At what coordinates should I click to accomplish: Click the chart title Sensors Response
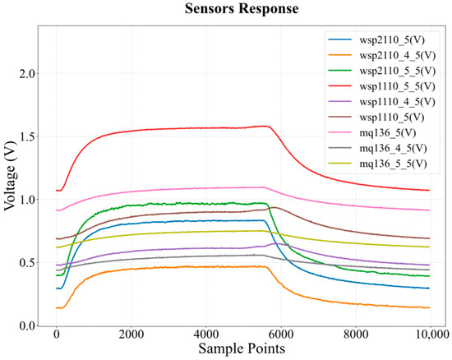pos(242,8)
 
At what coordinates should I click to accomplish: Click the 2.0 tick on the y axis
pos(29,74)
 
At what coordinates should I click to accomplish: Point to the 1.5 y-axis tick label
pos(29,136)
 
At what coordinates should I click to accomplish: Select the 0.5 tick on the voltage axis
pos(29,262)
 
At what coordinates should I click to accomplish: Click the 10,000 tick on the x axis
pos(431,335)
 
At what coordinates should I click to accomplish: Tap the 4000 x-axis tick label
pos(205,335)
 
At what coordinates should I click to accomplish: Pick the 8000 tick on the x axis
pos(356,335)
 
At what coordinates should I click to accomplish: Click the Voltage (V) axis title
pos(10,176)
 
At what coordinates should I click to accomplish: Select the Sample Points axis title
pos(242,348)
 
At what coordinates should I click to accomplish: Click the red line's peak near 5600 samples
pos(265,126)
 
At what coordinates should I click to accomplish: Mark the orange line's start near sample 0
pos(57,308)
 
